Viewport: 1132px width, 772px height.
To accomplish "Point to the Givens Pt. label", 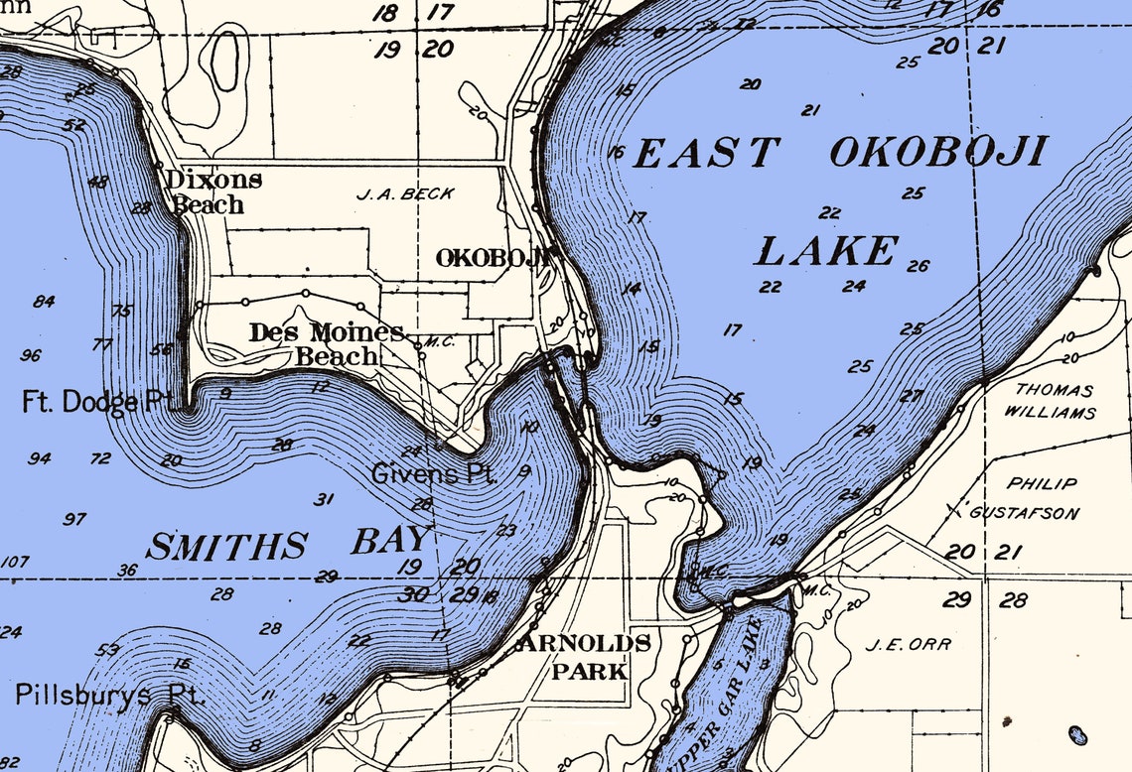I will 434,473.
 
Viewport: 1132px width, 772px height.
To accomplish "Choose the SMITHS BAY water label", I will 288,544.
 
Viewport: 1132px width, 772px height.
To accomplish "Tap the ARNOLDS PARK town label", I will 589,657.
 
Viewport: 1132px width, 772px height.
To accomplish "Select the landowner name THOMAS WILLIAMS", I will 1053,401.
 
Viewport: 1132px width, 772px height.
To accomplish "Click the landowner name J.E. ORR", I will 908,644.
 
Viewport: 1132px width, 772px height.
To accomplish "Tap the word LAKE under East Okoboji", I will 826,252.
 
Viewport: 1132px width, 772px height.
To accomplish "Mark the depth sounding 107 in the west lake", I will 14,562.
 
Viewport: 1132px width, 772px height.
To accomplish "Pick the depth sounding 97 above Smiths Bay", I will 74,519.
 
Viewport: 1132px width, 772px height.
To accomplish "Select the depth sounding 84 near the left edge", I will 44,302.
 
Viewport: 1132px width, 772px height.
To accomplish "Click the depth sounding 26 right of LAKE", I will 918,266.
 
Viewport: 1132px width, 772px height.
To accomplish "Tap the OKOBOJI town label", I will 492,258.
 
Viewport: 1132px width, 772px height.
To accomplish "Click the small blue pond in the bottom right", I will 1076,735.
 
